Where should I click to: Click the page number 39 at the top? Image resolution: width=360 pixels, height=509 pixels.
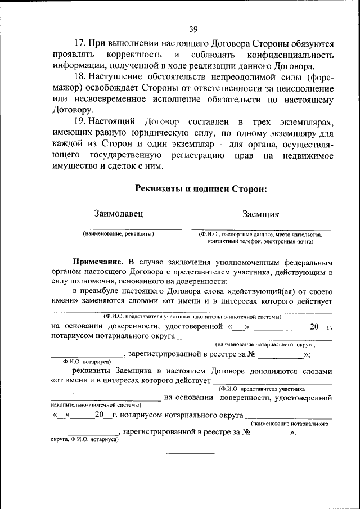pyautogui.click(x=193, y=29)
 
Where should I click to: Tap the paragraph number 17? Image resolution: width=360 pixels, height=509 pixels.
pyautogui.click(x=80, y=43)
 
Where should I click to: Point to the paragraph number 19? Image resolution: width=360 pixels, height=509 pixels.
pyautogui.click(x=80, y=122)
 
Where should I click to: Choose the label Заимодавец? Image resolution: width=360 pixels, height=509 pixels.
pyautogui.click(x=119, y=214)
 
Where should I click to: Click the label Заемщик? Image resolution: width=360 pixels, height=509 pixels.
pyautogui.click(x=260, y=214)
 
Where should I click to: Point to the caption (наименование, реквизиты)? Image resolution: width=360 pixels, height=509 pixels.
pyautogui.click(x=118, y=233)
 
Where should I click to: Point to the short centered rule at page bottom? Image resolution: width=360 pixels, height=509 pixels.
pyautogui.click(x=190, y=453)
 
